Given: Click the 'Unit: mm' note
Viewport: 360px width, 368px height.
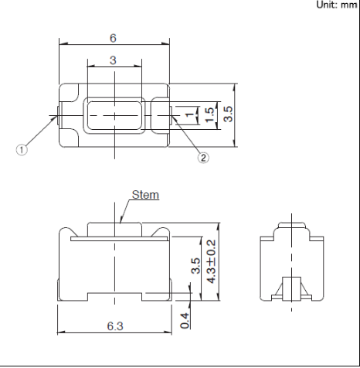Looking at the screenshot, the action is (337, 5).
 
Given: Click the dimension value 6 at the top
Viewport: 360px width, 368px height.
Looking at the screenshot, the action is (113, 38).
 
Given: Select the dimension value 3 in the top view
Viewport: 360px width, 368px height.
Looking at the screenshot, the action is (113, 60).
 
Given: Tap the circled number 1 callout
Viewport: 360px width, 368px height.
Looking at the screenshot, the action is (22, 149).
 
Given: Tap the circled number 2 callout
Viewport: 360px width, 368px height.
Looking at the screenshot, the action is (203, 158).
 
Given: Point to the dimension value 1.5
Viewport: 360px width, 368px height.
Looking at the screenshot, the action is (209, 115).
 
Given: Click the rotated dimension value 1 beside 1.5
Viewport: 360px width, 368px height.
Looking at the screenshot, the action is (190, 114).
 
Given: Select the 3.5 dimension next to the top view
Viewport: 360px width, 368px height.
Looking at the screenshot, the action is (228, 114).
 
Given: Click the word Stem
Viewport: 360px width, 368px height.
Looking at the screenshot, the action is (145, 195).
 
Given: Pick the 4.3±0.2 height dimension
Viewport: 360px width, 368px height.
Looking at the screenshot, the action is (212, 261).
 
